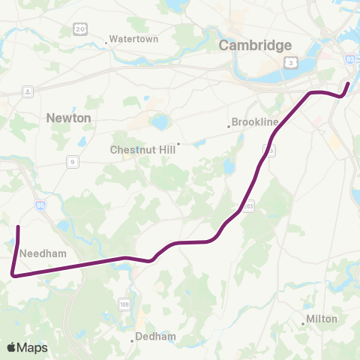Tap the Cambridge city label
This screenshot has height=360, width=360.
tap(255, 46)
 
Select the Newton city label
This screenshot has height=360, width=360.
tap(68, 118)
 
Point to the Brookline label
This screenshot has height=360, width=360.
tap(255, 121)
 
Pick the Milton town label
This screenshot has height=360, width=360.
tap(324, 320)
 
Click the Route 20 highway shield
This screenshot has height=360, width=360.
tap(79, 28)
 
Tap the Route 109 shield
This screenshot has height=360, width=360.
tap(124, 304)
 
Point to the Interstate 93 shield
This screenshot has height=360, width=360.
tap(350, 58)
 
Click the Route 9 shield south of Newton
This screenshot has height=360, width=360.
tap(73, 161)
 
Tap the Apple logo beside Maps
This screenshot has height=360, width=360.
tap(11, 347)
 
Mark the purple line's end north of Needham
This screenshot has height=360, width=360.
tap(18, 226)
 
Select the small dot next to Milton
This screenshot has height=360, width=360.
tap(304, 323)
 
